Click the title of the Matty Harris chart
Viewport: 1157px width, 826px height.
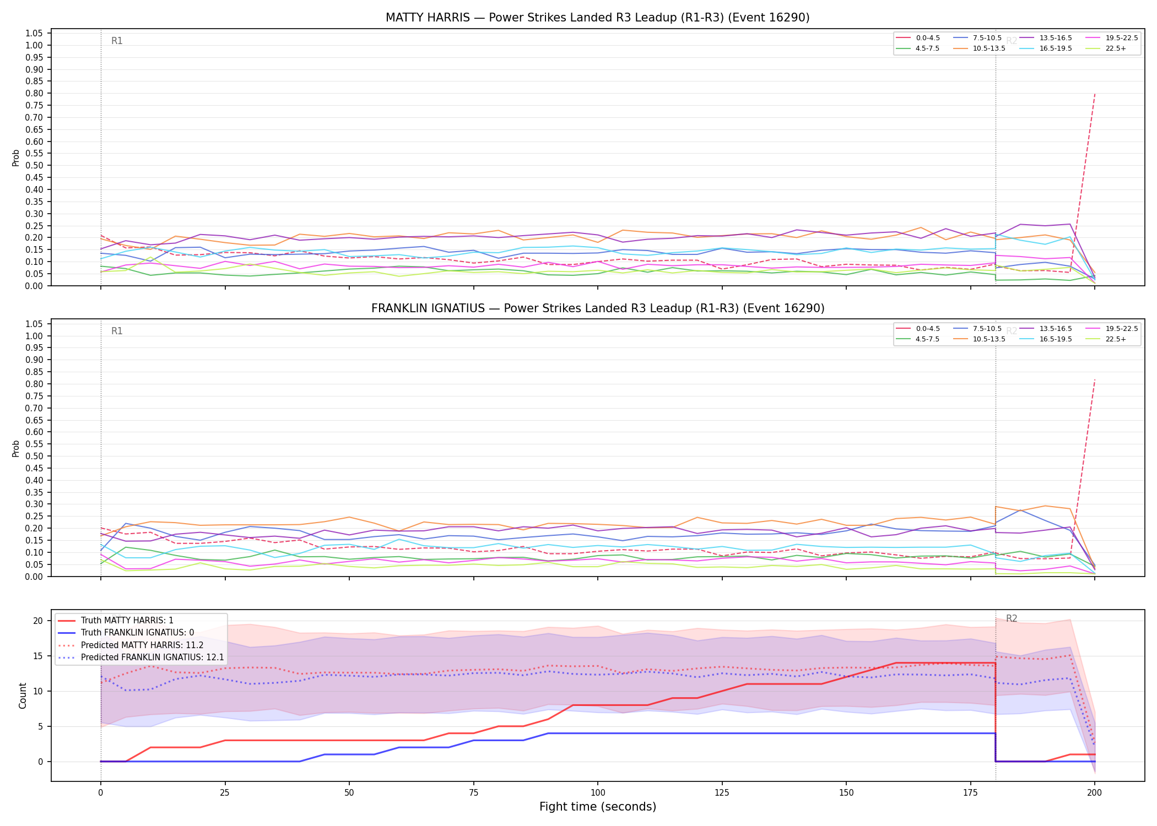pos(598,18)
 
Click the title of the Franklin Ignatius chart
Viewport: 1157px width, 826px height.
pos(598,308)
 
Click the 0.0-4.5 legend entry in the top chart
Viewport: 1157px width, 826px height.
pos(918,38)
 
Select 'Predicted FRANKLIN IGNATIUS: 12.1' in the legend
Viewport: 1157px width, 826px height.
pos(141,657)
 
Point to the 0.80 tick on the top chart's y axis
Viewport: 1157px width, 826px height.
pos(34,93)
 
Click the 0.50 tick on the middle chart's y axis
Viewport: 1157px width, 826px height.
pos(34,456)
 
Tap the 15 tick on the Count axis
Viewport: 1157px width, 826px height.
pos(38,656)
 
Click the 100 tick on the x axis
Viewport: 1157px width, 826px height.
pos(598,793)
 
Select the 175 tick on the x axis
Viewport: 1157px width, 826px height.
pos(970,793)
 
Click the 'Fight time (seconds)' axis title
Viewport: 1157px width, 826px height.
pos(598,807)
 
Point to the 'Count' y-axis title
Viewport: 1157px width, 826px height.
pos(23,695)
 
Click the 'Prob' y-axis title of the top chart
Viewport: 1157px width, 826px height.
pos(16,157)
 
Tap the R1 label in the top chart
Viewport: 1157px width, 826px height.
pos(117,41)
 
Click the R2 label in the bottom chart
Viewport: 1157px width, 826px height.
pos(1012,618)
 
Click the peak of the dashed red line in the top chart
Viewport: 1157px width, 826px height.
pos(1094,94)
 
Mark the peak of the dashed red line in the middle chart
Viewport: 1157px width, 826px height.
pos(1094,379)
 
